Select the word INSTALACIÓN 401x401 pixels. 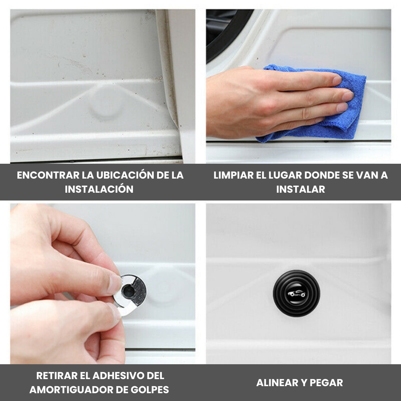point(99,189)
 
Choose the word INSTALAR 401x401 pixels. point(300,189)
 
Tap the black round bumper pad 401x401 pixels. point(296,293)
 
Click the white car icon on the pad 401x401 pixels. point(296,294)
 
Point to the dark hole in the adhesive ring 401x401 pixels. point(128,291)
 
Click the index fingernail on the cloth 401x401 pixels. point(337,80)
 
